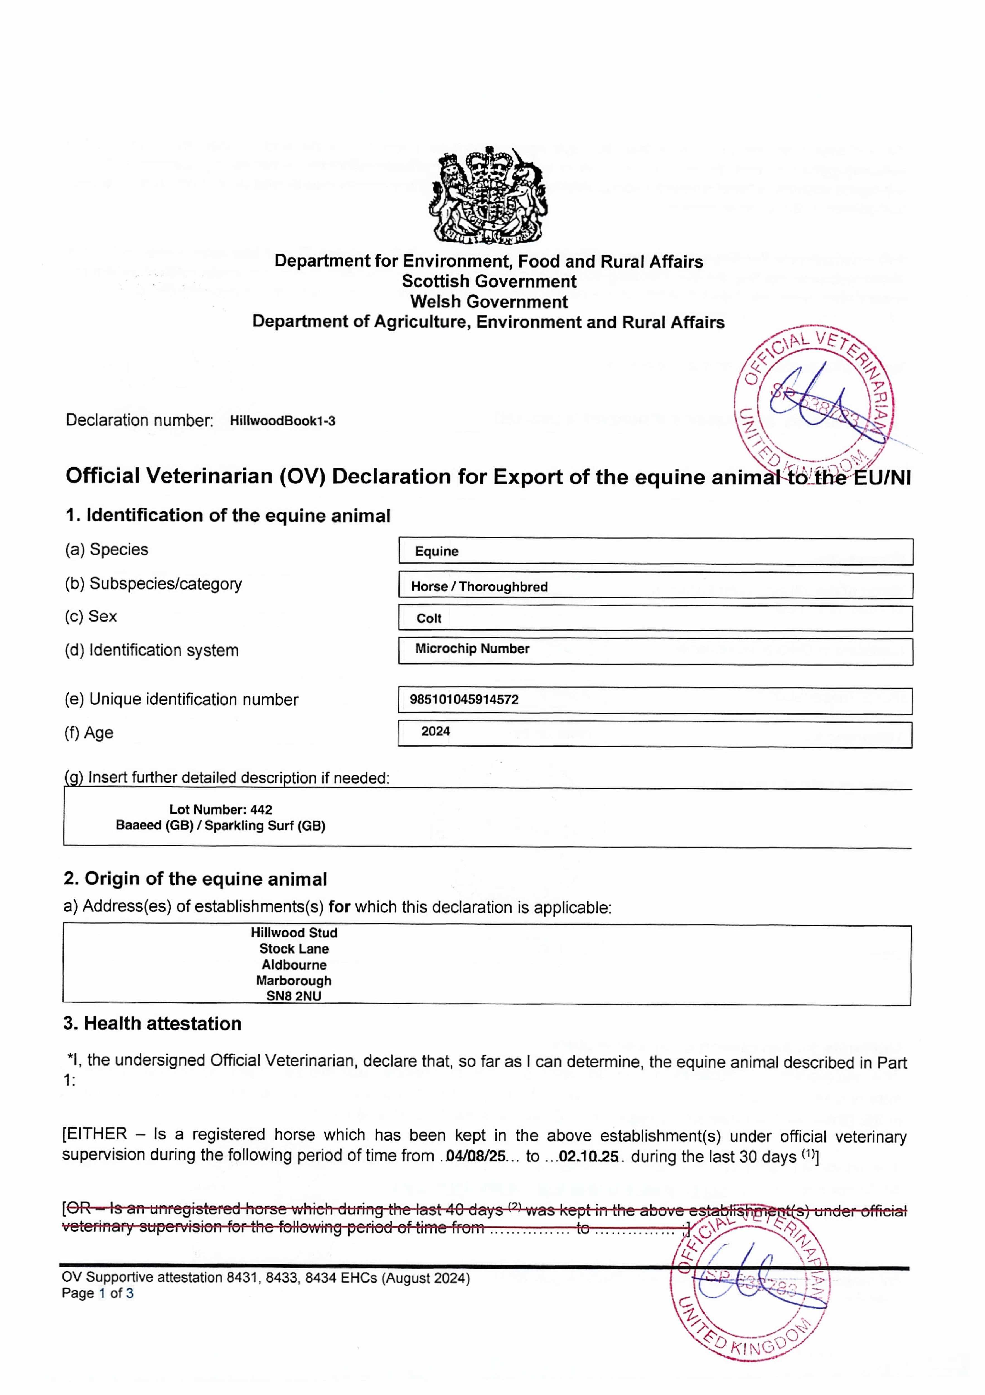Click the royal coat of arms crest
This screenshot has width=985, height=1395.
tap(489, 196)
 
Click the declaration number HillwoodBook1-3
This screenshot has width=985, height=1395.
tap(282, 421)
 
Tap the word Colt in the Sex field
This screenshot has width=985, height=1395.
tap(429, 619)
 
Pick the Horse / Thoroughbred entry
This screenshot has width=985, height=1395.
tap(479, 586)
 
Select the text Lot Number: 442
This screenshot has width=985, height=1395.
tap(221, 809)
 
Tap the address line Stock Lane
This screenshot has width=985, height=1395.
tap(294, 948)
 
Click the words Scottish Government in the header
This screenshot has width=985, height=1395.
tap(489, 281)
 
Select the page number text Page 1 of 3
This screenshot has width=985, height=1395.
tap(97, 1293)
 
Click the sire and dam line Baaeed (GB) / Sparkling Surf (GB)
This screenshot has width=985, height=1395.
tap(221, 826)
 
